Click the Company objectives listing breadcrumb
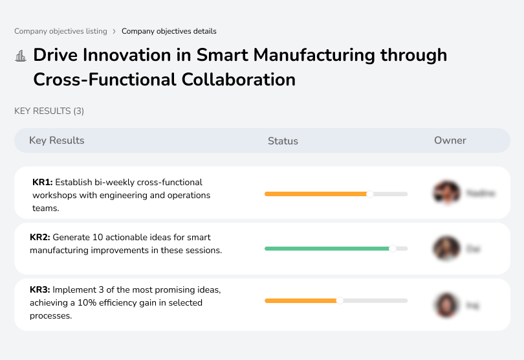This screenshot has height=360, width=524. [x=61, y=31]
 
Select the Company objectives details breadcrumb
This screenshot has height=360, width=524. [x=169, y=31]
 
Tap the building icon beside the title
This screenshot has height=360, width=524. [x=20, y=56]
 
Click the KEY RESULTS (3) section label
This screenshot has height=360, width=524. [x=49, y=111]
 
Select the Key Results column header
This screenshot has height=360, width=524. [x=56, y=141]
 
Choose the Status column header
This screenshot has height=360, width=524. [x=283, y=141]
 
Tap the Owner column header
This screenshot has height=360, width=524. [x=450, y=141]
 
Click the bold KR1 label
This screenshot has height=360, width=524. [x=42, y=183]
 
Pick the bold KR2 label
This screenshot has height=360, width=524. [x=39, y=238]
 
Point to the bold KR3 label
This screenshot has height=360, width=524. [x=39, y=290]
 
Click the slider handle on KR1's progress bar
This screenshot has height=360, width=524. [x=370, y=194]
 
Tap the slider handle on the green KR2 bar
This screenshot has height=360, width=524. [x=392, y=248]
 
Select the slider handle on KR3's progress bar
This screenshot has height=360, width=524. [x=340, y=300]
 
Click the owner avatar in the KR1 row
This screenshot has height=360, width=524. [x=446, y=193]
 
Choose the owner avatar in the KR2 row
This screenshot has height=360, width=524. [x=446, y=248]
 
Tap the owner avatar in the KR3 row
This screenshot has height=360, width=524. [x=446, y=305]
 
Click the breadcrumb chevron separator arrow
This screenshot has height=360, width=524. [x=115, y=31]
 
